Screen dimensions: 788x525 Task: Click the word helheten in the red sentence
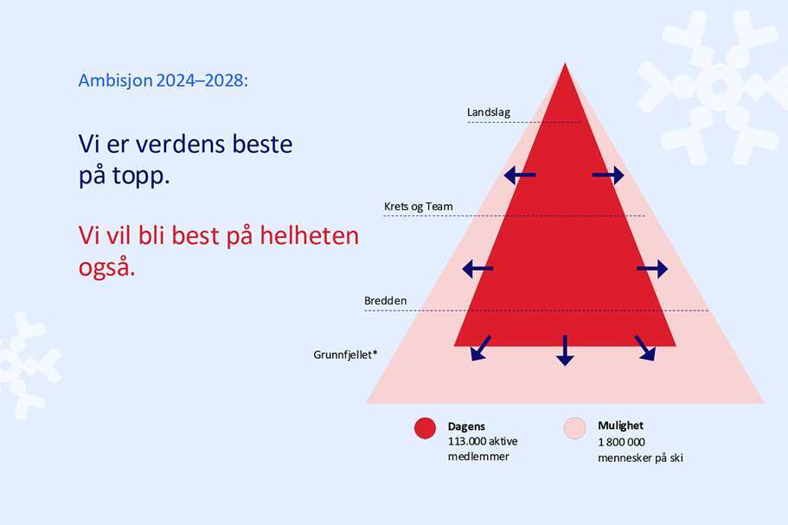pyautogui.click(x=309, y=235)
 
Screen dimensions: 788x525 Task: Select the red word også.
pyautogui.click(x=106, y=266)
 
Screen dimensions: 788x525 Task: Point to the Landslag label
pyautogui.click(x=489, y=112)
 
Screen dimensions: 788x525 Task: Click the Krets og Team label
pyautogui.click(x=418, y=207)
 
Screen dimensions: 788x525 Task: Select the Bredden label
pyautogui.click(x=386, y=301)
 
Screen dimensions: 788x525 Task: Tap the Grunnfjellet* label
pyautogui.click(x=345, y=355)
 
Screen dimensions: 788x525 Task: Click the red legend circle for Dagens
pyautogui.click(x=426, y=428)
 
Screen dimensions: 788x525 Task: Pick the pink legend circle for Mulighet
pyautogui.click(x=575, y=428)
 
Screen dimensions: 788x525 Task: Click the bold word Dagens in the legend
pyautogui.click(x=466, y=426)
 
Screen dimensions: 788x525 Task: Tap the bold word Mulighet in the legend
pyautogui.click(x=621, y=426)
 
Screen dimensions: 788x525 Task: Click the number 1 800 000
pyautogui.click(x=621, y=442)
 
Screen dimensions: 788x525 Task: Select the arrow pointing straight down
pyautogui.click(x=565, y=350)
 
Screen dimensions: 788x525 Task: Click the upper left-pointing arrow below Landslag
pyautogui.click(x=520, y=176)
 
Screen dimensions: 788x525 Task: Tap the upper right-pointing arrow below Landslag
pyautogui.click(x=608, y=176)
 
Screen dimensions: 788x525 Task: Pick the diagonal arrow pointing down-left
pyautogui.click(x=480, y=349)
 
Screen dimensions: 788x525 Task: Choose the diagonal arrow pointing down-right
pyautogui.click(x=645, y=349)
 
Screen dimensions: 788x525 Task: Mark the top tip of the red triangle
pyautogui.click(x=565, y=63)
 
